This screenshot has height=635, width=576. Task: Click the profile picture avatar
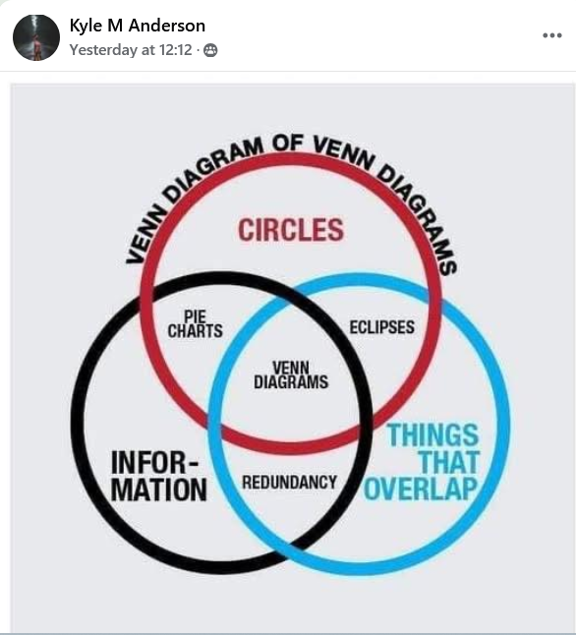click(x=36, y=37)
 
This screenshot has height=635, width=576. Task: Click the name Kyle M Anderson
click(x=138, y=26)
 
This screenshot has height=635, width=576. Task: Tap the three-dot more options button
click(x=552, y=35)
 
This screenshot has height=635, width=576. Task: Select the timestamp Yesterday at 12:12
click(x=131, y=50)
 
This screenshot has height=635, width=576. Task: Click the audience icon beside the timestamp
click(x=210, y=50)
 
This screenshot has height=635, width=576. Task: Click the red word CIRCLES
click(x=291, y=230)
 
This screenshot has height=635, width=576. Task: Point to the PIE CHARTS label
click(x=196, y=324)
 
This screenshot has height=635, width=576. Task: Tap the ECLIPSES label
click(x=382, y=327)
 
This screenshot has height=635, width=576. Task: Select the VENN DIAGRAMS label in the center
click(x=291, y=375)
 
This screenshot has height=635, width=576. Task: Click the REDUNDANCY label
click(x=290, y=483)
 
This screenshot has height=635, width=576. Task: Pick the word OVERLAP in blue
click(x=421, y=489)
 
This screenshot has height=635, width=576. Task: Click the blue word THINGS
click(x=433, y=434)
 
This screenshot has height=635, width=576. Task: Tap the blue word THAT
click(x=449, y=462)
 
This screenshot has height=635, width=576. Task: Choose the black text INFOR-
click(x=155, y=463)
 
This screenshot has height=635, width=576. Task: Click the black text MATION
click(x=159, y=490)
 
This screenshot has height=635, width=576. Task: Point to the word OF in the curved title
click(x=288, y=144)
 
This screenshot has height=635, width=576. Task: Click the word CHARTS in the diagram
click(x=196, y=331)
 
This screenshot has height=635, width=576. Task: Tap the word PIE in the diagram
click(x=196, y=317)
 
